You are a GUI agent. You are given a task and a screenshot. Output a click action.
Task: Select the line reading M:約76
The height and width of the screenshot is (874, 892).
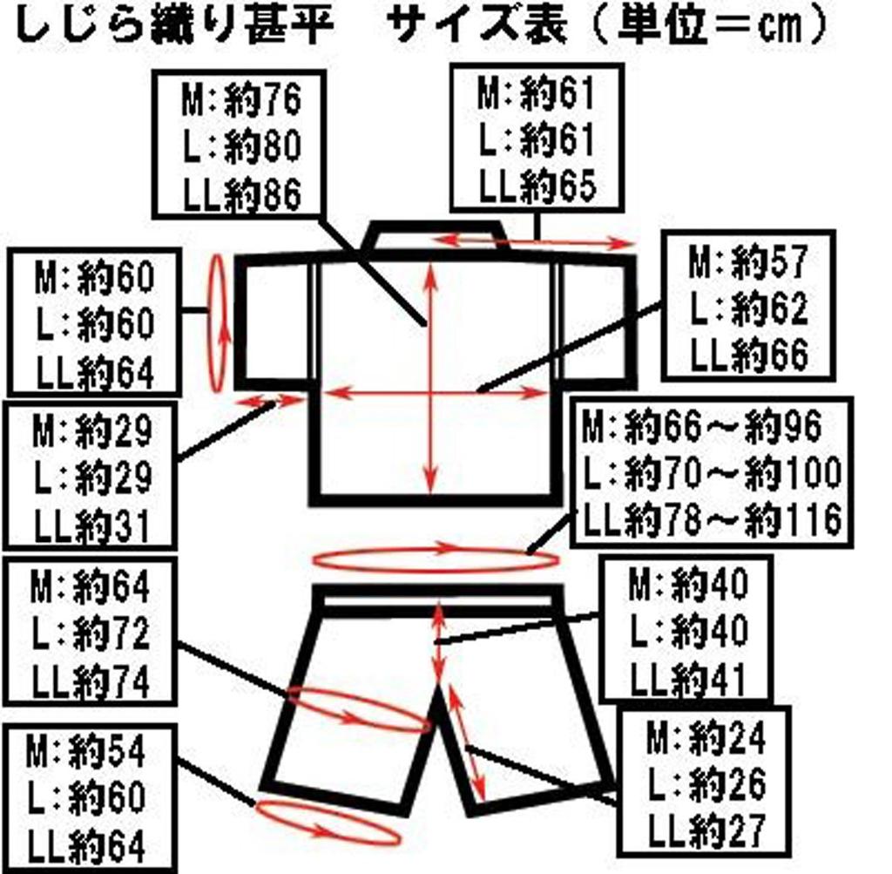point(241,100)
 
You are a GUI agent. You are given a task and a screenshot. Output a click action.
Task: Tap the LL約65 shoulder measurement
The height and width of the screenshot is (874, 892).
point(537,186)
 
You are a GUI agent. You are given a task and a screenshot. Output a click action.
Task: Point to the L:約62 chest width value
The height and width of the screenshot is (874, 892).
point(748,308)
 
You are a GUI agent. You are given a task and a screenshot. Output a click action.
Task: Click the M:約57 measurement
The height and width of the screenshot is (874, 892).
point(748,261)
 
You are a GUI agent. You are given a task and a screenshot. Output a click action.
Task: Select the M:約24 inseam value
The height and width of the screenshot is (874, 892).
point(706,739)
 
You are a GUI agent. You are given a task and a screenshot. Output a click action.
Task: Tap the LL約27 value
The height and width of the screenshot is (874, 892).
point(706,830)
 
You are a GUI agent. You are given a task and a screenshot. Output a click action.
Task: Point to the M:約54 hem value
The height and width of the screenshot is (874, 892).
point(86,752)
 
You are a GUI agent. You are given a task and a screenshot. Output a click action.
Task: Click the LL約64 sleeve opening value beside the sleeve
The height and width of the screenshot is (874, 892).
point(95,373)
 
